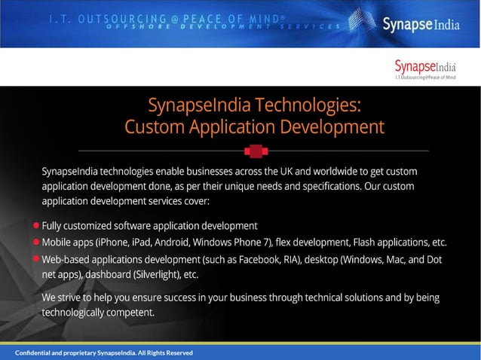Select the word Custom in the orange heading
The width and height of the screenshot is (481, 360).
point(150,125)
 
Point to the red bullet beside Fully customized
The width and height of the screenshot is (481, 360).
point(37,225)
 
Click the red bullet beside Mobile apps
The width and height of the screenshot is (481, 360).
point(37,243)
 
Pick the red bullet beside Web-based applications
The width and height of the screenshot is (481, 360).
point(37,259)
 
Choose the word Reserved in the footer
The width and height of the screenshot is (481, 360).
point(177,352)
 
